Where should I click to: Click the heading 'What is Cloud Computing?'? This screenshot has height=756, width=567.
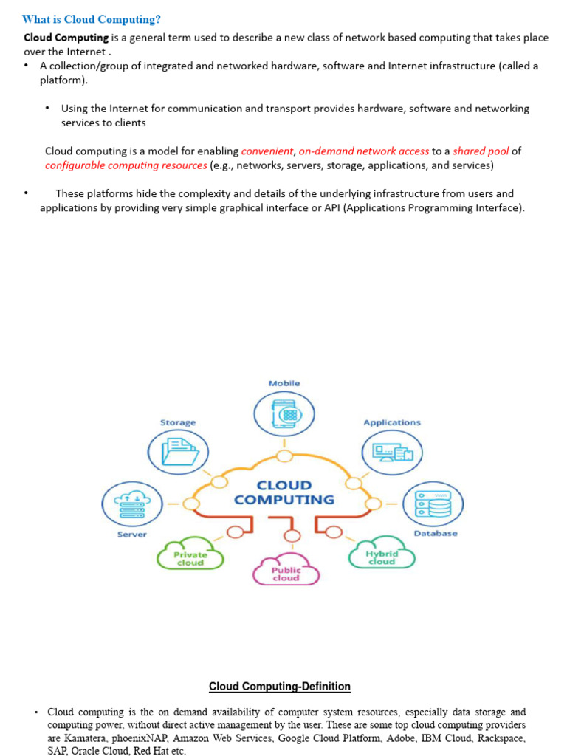click(x=92, y=20)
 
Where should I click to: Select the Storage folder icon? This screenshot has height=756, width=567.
click(x=179, y=450)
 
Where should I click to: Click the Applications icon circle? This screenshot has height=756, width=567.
click(x=392, y=451)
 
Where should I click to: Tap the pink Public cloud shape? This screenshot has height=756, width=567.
click(x=286, y=573)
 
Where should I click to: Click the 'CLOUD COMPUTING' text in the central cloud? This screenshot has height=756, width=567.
click(x=284, y=492)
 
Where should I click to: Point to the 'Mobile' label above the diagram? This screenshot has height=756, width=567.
click(x=284, y=383)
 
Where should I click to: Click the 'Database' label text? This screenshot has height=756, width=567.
click(x=436, y=533)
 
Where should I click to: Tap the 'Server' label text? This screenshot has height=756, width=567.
click(x=132, y=534)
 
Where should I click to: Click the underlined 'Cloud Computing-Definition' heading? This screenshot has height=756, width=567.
click(x=280, y=687)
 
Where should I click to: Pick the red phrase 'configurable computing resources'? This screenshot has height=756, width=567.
click(x=126, y=165)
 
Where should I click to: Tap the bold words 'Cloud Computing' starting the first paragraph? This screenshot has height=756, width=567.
click(x=66, y=37)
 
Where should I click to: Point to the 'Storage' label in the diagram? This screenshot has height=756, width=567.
click(x=178, y=422)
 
